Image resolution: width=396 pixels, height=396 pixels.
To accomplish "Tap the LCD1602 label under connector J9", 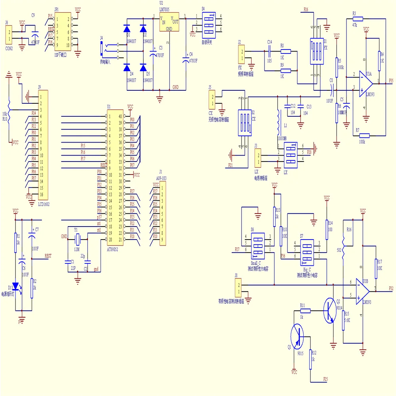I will pos(44,204).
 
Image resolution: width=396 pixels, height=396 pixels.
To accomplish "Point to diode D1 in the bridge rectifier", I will pos(128,29).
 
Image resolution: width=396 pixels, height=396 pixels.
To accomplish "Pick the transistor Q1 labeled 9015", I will pos(297,335).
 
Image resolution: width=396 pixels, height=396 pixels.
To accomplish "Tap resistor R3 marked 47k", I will pos(358,18).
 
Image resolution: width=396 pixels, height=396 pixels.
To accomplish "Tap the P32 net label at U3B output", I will pos(391,288).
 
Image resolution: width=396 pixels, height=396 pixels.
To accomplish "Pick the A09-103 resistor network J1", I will pos(162,214).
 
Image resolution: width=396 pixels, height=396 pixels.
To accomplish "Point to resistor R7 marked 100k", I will pos(364,135).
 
